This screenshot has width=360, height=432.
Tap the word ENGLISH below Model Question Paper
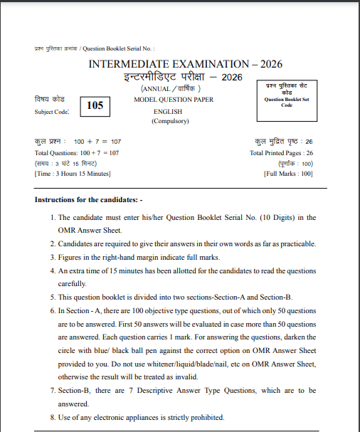169,111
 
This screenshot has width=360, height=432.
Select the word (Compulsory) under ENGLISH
169,121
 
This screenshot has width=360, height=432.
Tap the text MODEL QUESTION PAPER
174,100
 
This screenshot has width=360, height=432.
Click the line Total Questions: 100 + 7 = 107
77,153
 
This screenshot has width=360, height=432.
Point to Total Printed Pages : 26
281,153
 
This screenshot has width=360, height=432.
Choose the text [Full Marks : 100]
287,174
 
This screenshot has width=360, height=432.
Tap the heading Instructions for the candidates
89,200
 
